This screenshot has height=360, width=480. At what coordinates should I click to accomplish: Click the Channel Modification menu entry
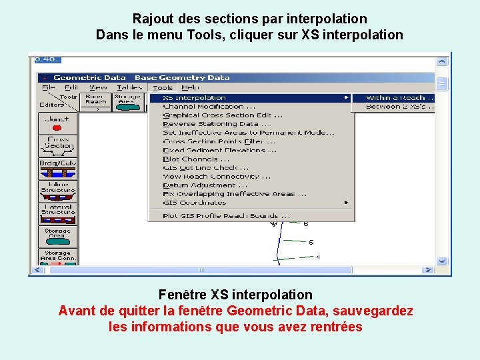point(209,107)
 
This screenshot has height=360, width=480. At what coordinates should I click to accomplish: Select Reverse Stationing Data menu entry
point(216,124)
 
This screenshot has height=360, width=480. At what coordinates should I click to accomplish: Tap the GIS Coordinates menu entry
point(195,203)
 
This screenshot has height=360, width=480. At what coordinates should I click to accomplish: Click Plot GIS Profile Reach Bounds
point(226,216)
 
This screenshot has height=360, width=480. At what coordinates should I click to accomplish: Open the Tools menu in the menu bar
point(163,87)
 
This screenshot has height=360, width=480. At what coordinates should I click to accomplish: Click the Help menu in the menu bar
point(190,87)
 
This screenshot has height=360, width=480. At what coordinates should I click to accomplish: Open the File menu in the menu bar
point(49,87)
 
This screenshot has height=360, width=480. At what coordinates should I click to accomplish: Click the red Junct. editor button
point(58,123)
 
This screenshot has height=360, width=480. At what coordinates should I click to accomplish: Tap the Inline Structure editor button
point(58,191)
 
